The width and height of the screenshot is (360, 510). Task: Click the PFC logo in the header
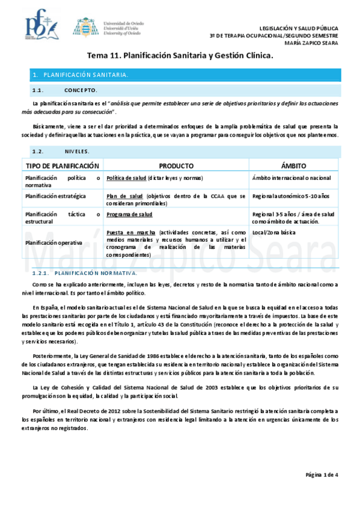pos(41,26)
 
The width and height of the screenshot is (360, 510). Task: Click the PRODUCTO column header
pos(175,165)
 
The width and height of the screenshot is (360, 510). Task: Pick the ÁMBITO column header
pos(294,165)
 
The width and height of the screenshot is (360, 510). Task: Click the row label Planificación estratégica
pos(55,196)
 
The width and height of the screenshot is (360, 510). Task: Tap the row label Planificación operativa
pos(53,242)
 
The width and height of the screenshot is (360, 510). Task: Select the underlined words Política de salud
pos(124,178)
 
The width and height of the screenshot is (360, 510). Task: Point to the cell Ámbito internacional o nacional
pos(291,178)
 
